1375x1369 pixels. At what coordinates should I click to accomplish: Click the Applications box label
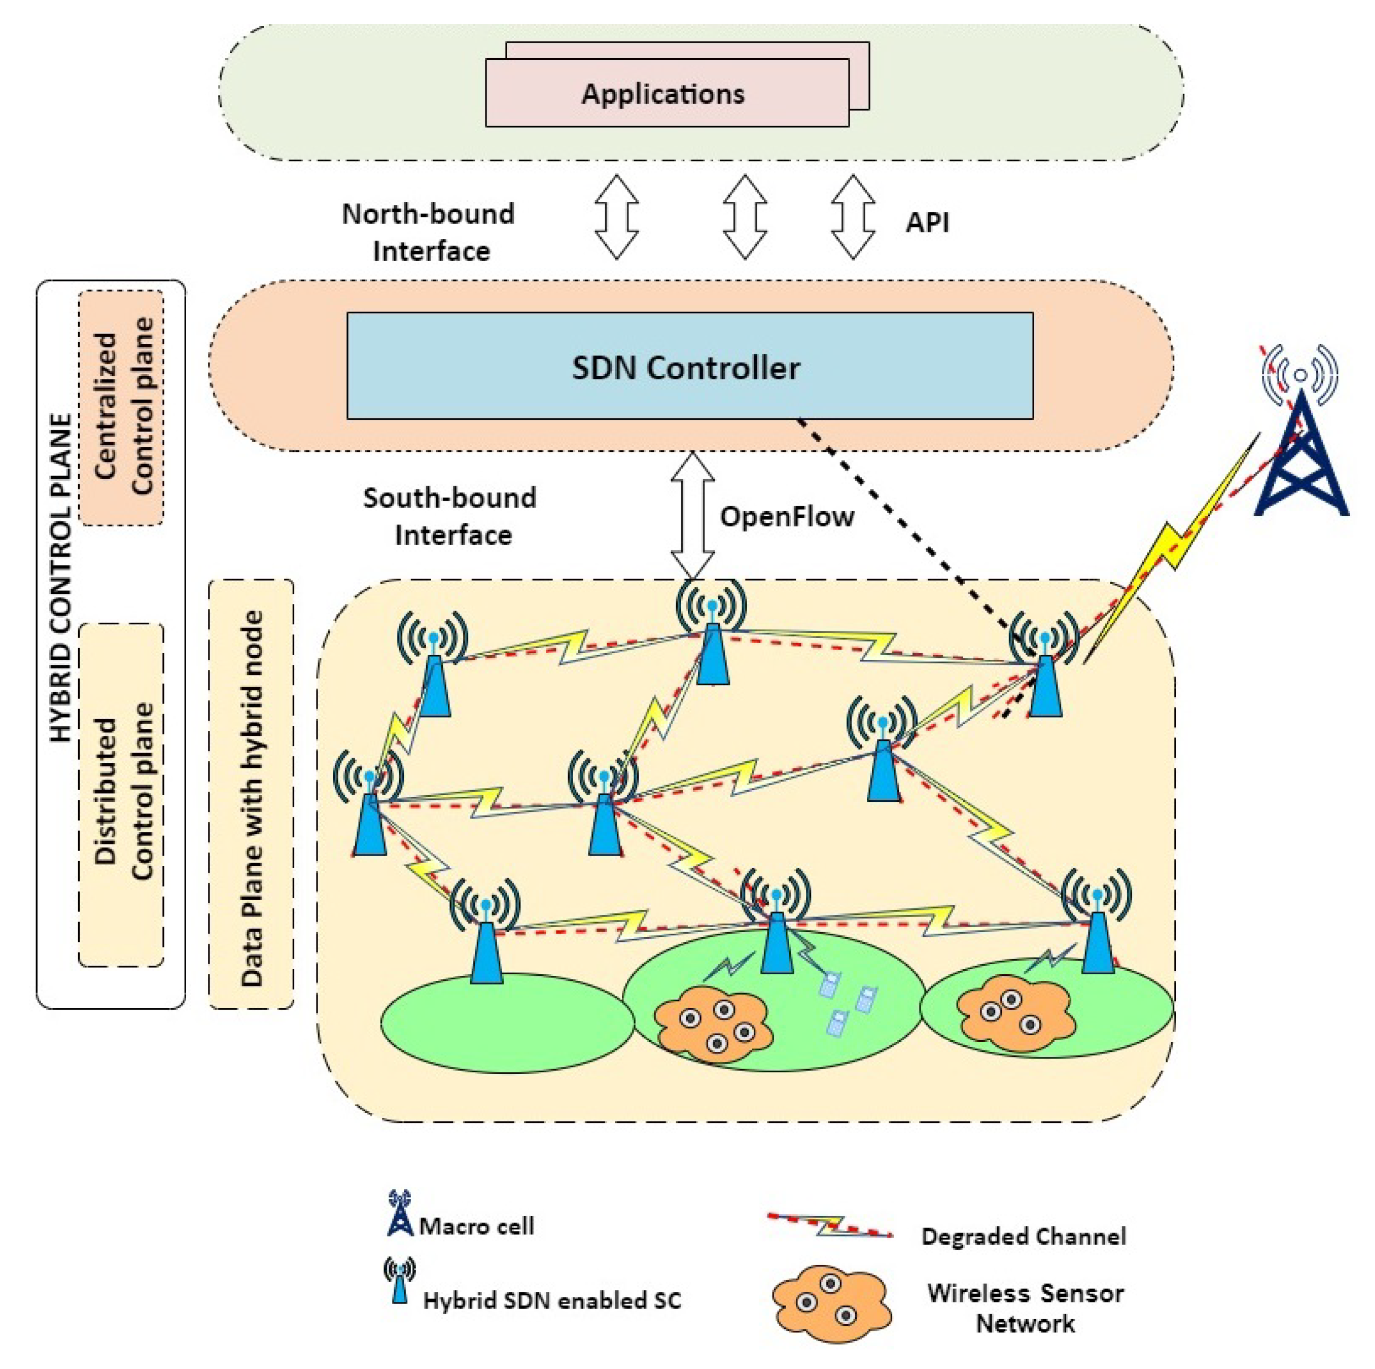click(x=663, y=94)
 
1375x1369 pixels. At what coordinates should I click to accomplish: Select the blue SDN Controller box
click(x=689, y=366)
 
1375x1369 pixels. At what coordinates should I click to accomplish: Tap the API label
click(x=927, y=222)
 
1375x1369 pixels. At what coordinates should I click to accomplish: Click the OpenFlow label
click(x=786, y=516)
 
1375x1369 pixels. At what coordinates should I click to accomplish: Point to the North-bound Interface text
click(x=429, y=232)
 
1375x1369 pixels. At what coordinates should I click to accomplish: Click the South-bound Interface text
click(x=451, y=516)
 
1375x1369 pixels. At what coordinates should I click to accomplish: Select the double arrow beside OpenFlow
click(x=692, y=516)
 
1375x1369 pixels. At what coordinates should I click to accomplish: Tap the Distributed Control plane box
click(x=121, y=795)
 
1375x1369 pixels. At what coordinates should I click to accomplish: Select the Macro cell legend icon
click(x=400, y=1213)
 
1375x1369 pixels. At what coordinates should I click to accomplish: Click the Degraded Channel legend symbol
click(x=830, y=1225)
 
